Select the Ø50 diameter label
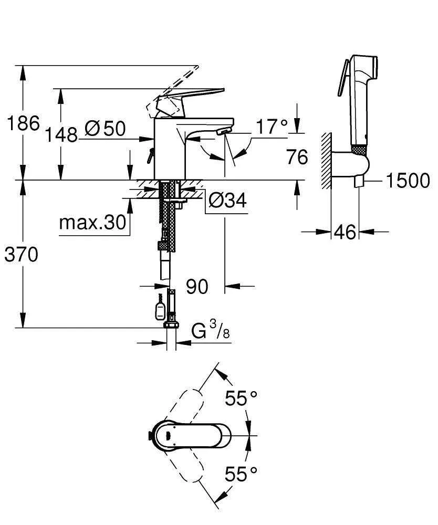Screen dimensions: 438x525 click(105, 129)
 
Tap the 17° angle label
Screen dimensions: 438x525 click(272, 126)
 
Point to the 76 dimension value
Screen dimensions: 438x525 click(297, 156)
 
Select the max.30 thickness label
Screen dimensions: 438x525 click(92, 223)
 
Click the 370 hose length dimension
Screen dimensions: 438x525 click(22, 255)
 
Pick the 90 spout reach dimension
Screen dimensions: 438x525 click(197, 287)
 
